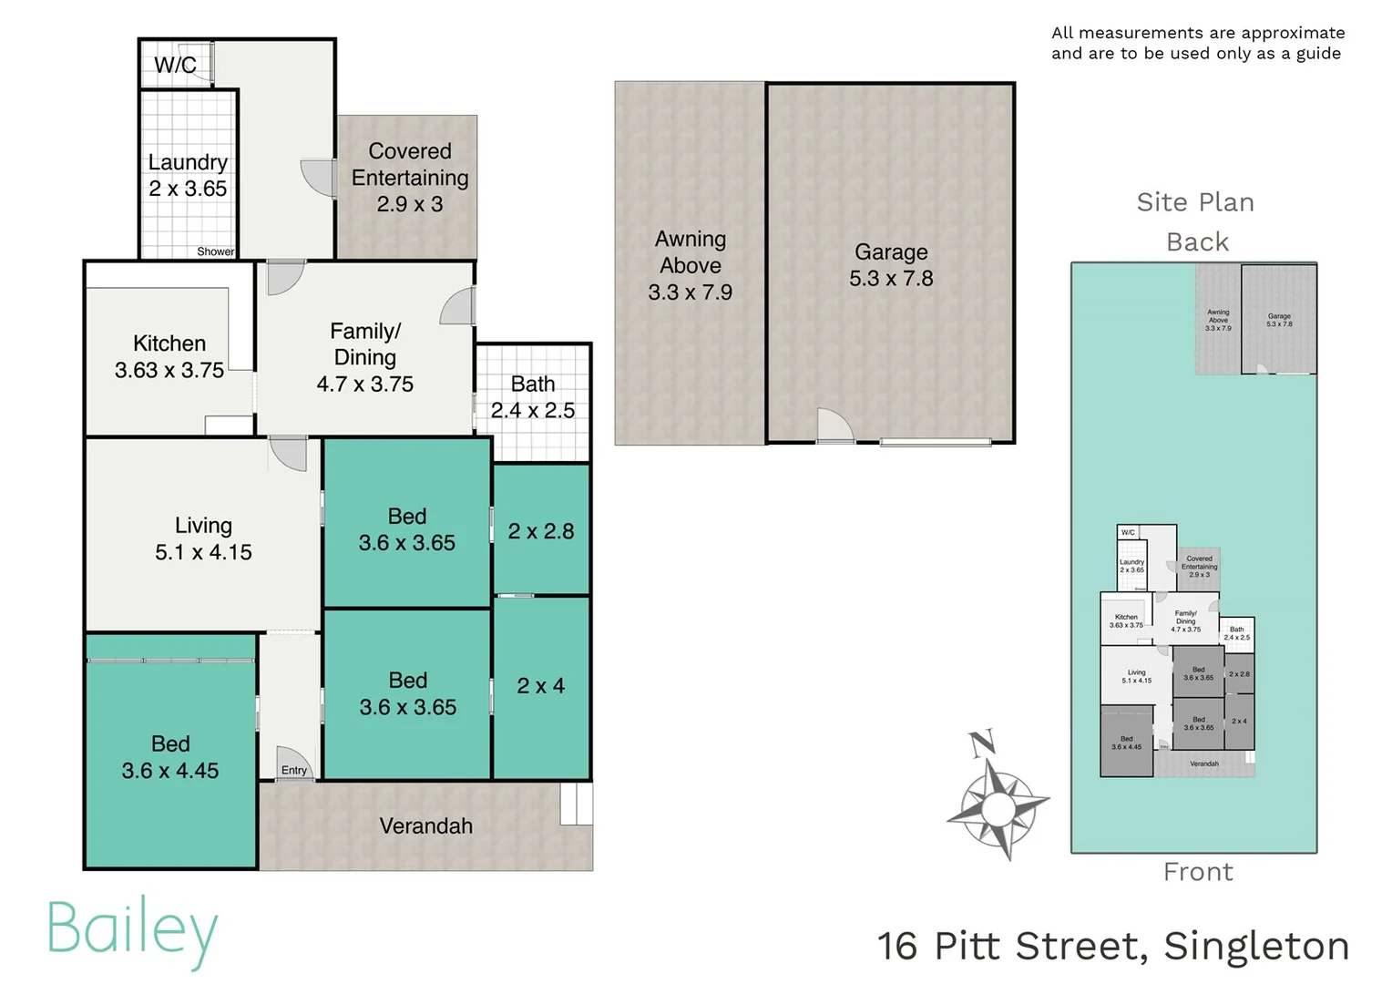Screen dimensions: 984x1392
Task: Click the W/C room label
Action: pyautogui.click(x=175, y=66)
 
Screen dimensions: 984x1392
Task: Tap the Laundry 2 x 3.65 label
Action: pyautogui.click(x=188, y=175)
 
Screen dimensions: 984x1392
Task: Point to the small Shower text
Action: pyautogui.click(x=215, y=251)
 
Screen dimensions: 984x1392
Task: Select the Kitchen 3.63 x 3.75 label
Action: pyautogui.click(x=169, y=356)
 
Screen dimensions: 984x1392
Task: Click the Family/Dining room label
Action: pyautogui.click(x=365, y=357)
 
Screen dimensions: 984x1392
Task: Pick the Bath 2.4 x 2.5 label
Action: pyautogui.click(x=533, y=397)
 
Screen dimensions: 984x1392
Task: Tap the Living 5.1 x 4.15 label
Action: pyautogui.click(x=203, y=538)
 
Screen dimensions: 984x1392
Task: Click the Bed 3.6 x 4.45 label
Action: pyautogui.click(x=170, y=757)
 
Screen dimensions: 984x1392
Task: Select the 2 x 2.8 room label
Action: pyautogui.click(x=541, y=531)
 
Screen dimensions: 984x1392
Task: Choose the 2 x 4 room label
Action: pyautogui.click(x=541, y=686)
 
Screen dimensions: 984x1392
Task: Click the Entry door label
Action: pyautogui.click(x=294, y=770)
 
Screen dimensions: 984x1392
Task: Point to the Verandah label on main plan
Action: pyautogui.click(x=426, y=826)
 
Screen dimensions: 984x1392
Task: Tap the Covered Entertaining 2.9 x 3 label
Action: pyautogui.click(x=410, y=178)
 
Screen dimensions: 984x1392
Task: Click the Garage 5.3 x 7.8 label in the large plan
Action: pyautogui.click(x=891, y=265)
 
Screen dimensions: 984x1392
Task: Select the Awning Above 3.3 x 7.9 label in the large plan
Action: pyautogui.click(x=691, y=265)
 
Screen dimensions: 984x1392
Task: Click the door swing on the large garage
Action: pyautogui.click(x=834, y=425)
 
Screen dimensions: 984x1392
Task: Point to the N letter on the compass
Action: pyautogui.click(x=981, y=743)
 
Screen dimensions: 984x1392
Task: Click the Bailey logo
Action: pyautogui.click(x=133, y=931)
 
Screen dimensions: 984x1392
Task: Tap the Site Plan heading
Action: pyautogui.click(x=1195, y=202)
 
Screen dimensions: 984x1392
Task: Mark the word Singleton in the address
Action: pyautogui.click(x=1256, y=946)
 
